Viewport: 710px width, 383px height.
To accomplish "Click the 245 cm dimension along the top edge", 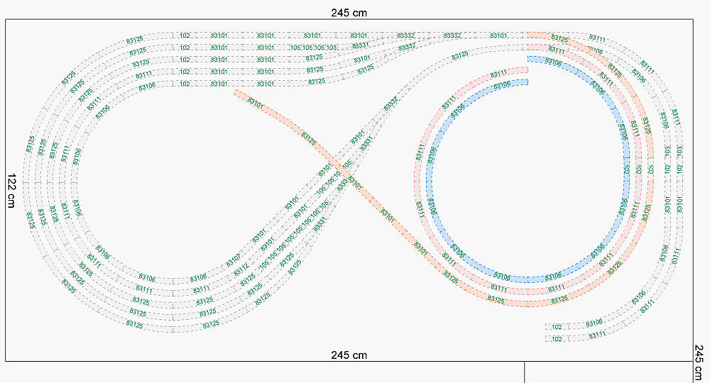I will (349, 12).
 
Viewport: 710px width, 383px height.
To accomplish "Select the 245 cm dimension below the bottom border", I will (349, 355).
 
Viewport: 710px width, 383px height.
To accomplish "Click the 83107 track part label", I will (234, 259).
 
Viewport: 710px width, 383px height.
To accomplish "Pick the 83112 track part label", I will (241, 270).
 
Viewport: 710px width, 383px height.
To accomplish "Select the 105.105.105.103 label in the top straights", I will (313, 48).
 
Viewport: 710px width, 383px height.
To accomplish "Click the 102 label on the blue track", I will (627, 170).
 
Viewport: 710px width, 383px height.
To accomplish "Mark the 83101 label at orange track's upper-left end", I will (255, 102).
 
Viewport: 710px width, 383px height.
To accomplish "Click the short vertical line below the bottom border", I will (524, 372).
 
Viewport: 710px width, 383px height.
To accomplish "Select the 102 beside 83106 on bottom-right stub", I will (557, 326).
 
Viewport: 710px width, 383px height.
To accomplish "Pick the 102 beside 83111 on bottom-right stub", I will (557, 338).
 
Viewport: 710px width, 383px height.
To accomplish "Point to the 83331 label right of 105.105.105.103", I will (361, 47).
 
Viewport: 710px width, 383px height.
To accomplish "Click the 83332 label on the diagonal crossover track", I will (390, 104).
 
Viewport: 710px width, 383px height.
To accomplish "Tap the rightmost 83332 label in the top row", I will (452, 35).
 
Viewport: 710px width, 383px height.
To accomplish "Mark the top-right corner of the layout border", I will (692, 20).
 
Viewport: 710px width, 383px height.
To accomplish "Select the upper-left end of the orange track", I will (234, 91).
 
